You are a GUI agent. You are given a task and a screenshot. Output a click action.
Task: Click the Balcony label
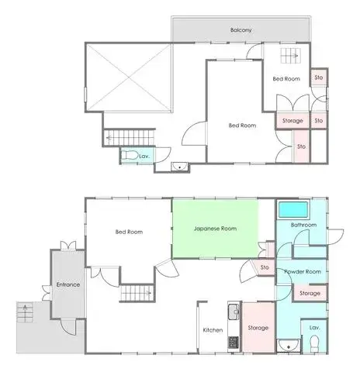coord(241,30)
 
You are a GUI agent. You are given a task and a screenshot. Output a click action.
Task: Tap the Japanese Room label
coord(215,229)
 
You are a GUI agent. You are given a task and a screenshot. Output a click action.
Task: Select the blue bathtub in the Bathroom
coord(292,210)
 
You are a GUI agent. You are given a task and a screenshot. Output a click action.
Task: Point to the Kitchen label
coord(213,330)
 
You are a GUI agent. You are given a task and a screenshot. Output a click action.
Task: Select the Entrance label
coord(68,284)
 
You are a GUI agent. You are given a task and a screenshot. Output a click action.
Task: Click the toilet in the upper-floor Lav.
coord(133,156)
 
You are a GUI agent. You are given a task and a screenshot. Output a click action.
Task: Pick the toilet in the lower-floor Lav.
coord(314,346)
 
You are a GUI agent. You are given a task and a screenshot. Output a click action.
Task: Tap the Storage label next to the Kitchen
coord(258,327)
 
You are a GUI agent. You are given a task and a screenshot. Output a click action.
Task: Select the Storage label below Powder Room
coord(310,294)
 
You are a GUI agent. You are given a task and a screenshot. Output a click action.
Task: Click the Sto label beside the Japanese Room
coord(265,267)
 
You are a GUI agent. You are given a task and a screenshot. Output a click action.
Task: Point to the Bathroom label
coord(303,225)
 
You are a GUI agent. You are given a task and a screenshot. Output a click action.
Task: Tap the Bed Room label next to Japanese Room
coord(128,232)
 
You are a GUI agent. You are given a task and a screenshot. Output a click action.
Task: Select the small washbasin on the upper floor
coord(180,165)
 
